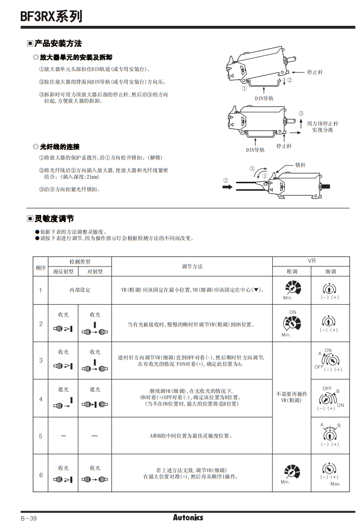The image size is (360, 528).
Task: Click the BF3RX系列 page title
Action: point(51,16)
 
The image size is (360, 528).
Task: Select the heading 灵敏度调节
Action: point(54,218)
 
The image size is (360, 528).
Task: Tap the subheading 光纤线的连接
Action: point(59,147)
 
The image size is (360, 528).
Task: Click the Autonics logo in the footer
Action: point(188,517)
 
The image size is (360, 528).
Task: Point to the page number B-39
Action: point(29,518)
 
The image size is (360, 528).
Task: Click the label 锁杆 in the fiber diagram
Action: point(300,164)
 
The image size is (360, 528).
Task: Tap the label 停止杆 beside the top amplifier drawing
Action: point(315,72)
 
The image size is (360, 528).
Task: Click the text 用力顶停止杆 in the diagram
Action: point(322,123)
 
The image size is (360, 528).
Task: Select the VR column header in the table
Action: point(311,261)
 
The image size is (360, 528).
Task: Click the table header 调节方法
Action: point(192,266)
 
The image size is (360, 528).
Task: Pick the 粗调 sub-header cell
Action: point(292,271)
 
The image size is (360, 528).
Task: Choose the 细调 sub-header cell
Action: point(330,271)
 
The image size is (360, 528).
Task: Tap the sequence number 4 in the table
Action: point(41,399)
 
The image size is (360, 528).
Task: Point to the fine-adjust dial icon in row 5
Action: point(329,434)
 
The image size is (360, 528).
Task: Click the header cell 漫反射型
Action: point(63,271)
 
